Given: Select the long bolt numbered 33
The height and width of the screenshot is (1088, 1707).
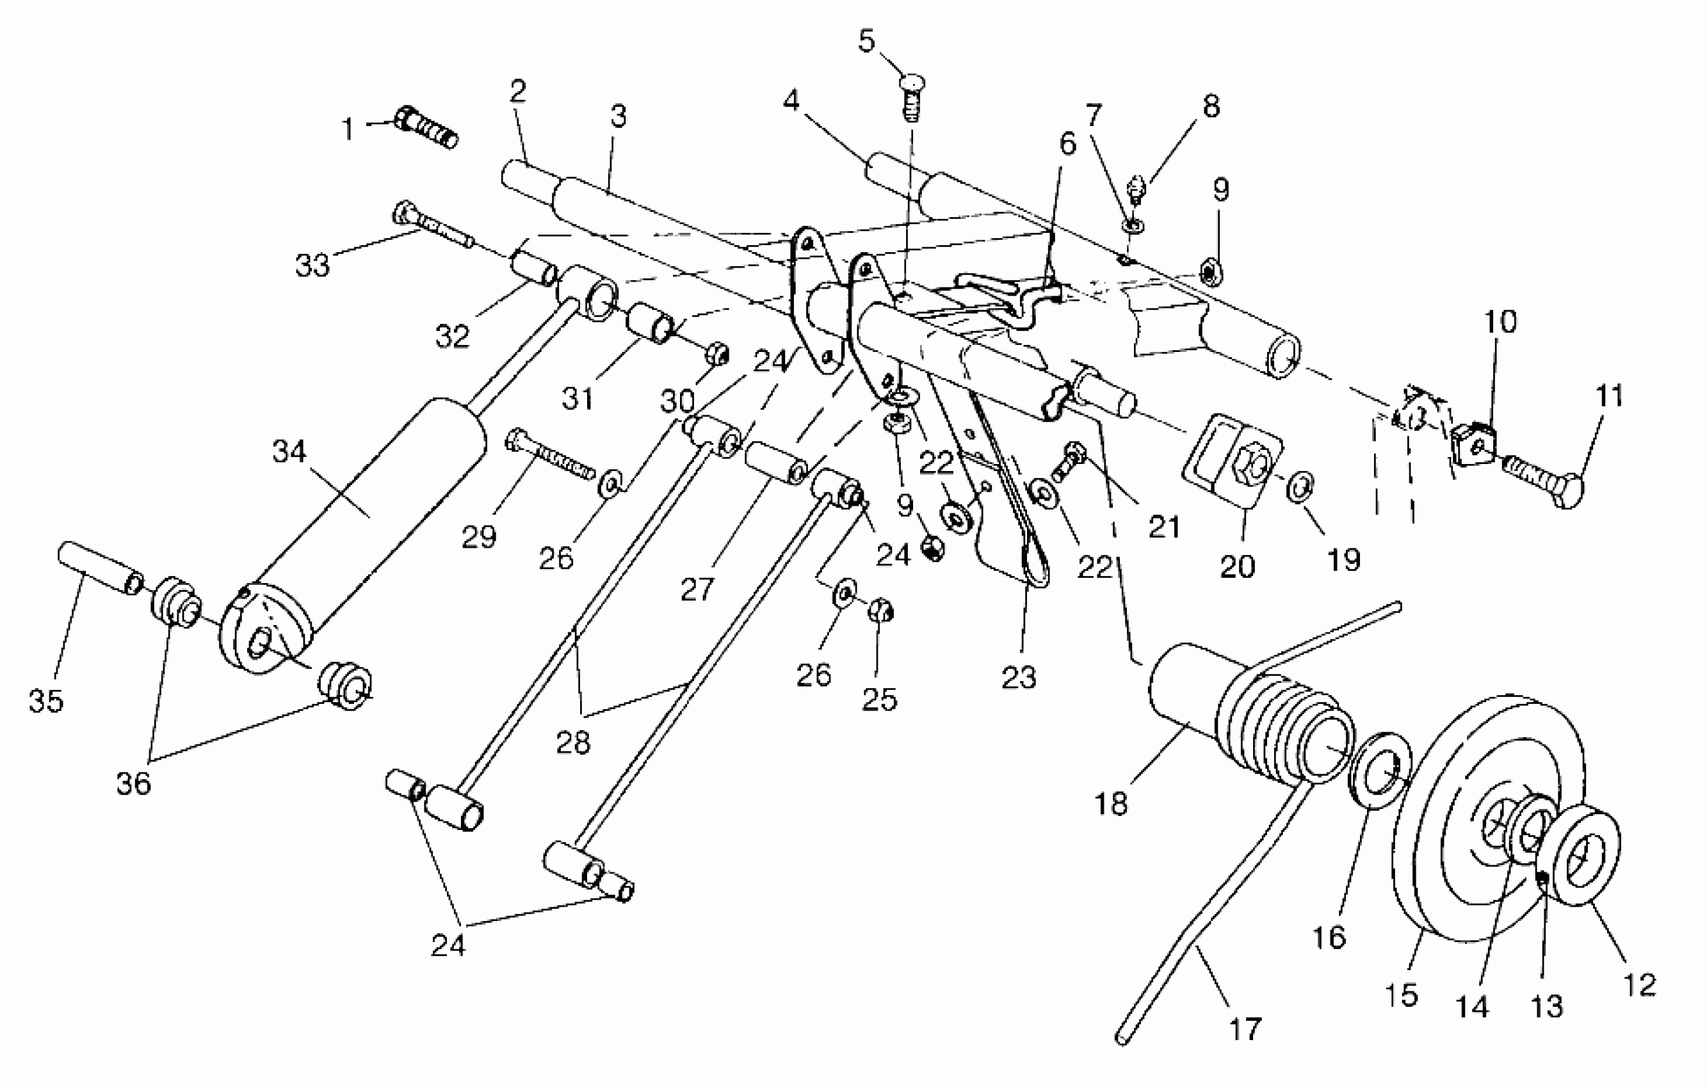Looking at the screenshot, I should (432, 225).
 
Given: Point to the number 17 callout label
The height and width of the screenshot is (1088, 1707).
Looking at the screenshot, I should (1245, 1028).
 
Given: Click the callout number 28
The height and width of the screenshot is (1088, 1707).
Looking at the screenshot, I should (573, 742).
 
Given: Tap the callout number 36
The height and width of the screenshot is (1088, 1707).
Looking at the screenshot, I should (133, 783).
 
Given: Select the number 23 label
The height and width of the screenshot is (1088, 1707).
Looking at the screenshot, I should (1019, 678).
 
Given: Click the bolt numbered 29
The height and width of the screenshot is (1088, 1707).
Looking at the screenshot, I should (549, 457).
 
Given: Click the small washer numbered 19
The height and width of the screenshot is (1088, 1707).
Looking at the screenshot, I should (1299, 488).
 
